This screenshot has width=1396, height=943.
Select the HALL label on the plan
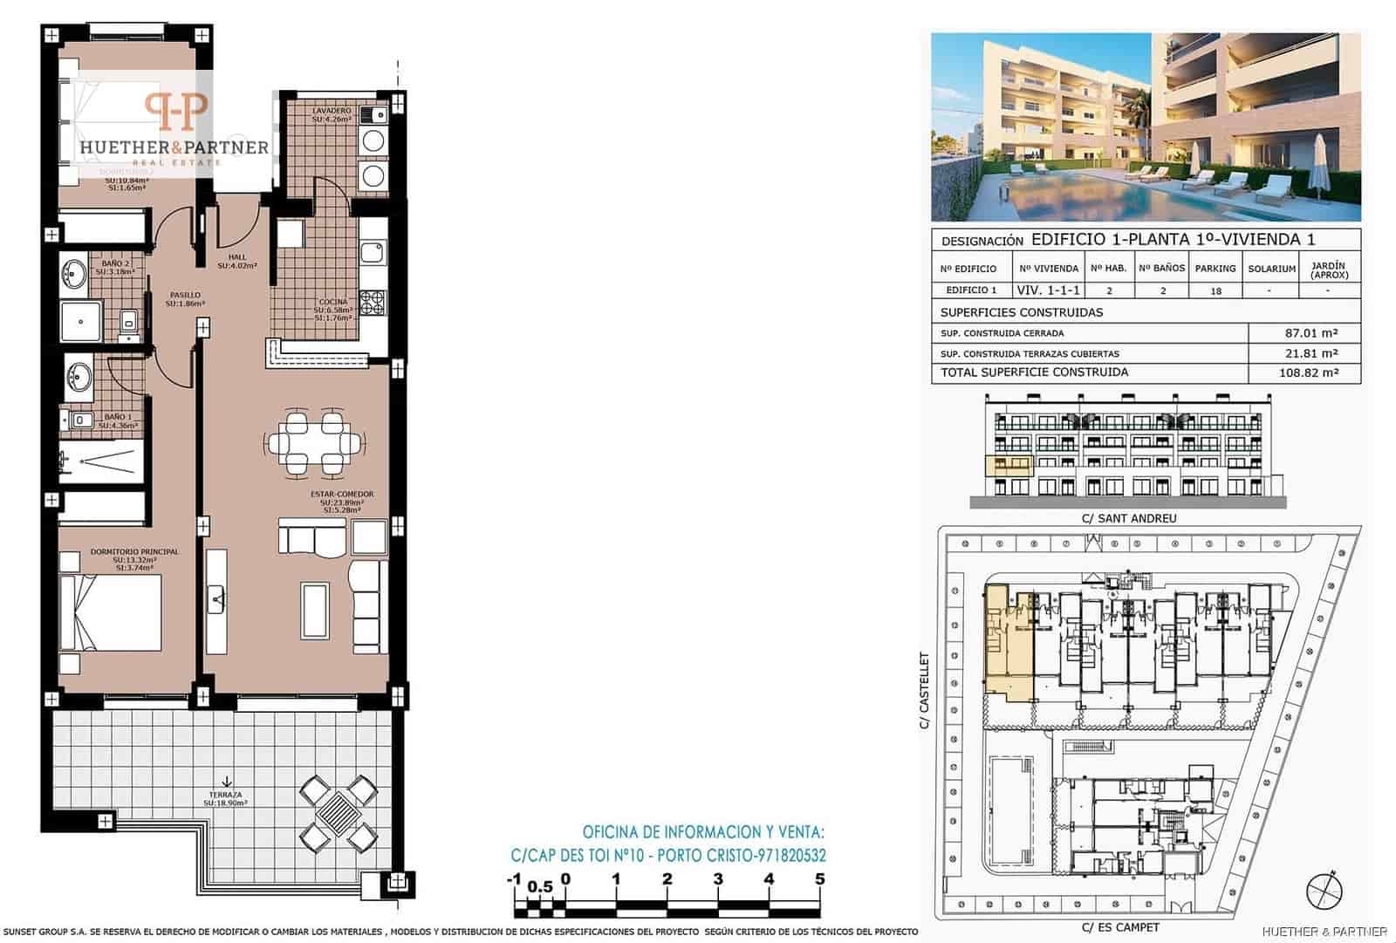pos(237,257)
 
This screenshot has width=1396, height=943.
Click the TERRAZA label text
pos(225,795)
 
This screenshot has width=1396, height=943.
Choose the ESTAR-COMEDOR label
pos(342,495)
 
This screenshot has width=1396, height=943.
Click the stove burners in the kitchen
pos(373,302)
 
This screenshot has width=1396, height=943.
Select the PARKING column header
pos(1215,269)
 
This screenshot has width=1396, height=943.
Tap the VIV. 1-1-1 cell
pos(1049,290)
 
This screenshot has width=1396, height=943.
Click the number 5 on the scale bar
pos(819,879)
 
